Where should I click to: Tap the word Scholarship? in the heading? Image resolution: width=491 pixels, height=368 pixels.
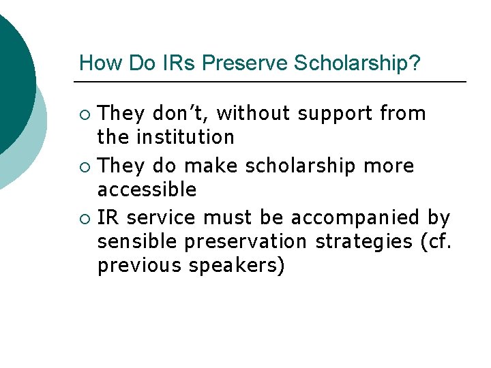click(357, 63)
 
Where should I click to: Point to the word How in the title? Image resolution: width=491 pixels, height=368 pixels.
click(96, 63)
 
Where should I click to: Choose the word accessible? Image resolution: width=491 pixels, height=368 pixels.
click(147, 189)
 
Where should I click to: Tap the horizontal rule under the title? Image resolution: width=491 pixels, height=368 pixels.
click(270, 82)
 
